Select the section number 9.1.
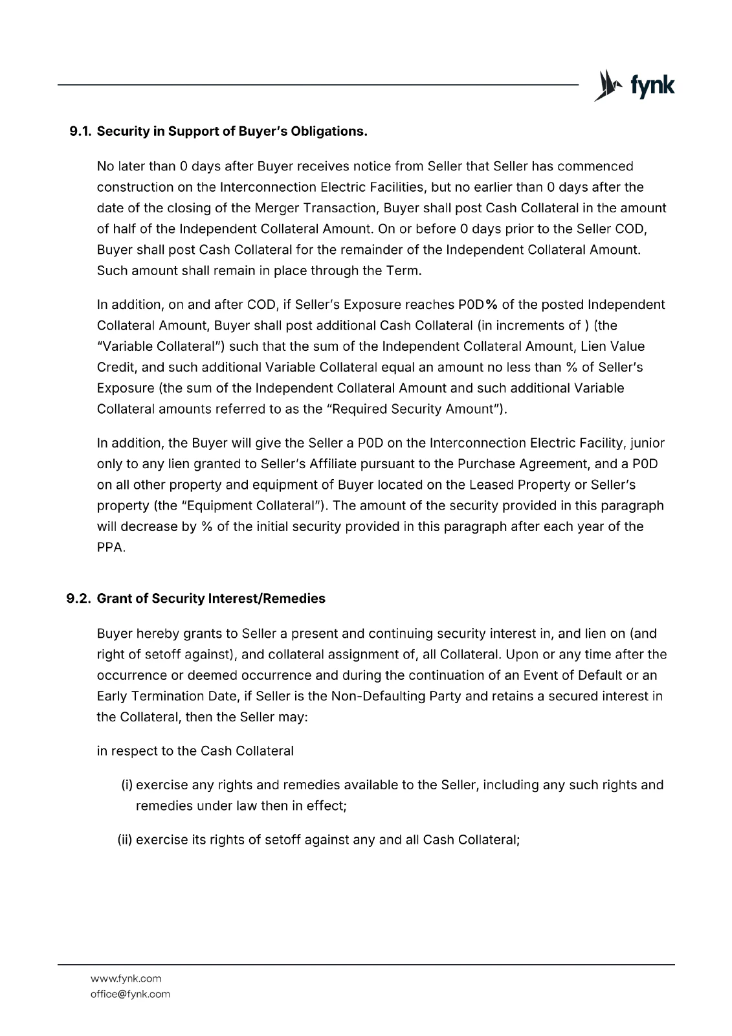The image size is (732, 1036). (x=81, y=131)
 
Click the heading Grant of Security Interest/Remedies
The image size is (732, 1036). (x=211, y=598)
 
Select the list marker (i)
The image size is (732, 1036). (x=127, y=785)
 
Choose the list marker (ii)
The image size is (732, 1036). (x=125, y=840)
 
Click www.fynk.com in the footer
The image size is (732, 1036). (x=126, y=978)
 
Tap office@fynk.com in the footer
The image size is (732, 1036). (x=130, y=994)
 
